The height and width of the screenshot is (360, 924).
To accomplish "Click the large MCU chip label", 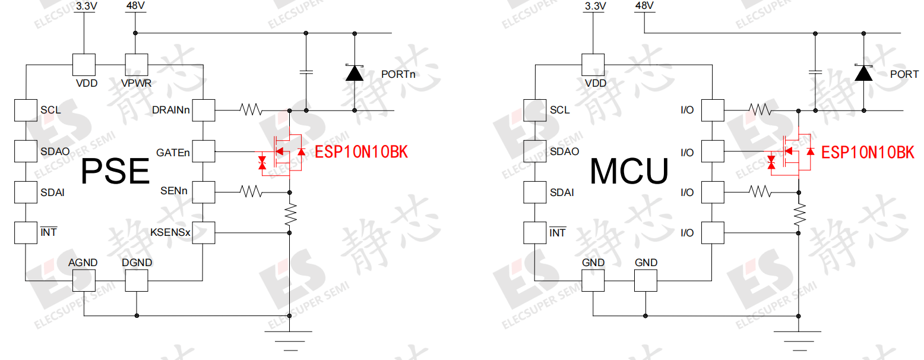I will (x=629, y=172).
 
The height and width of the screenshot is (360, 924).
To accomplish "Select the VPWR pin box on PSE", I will (x=136, y=64).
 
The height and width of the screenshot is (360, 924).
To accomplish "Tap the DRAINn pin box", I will (x=203, y=110).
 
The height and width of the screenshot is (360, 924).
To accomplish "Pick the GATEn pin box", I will (x=203, y=151).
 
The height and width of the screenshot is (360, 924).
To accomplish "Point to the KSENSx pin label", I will (x=171, y=233).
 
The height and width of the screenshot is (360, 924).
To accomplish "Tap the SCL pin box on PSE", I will (x=26, y=110).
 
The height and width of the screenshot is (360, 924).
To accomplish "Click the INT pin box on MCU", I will (x=535, y=232).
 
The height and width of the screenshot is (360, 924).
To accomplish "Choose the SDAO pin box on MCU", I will (x=535, y=151).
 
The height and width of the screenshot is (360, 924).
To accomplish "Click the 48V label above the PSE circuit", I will (x=135, y=6).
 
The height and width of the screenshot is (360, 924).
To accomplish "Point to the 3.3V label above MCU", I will (x=595, y=6).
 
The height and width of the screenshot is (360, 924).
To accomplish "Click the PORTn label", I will (x=398, y=74).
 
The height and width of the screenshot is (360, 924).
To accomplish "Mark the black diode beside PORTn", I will (x=355, y=72).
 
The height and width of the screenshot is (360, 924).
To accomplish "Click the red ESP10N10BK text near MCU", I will (x=867, y=153).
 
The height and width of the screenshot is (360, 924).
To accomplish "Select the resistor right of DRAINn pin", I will (x=251, y=110).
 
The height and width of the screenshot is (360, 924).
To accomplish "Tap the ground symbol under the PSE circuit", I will (x=289, y=337).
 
